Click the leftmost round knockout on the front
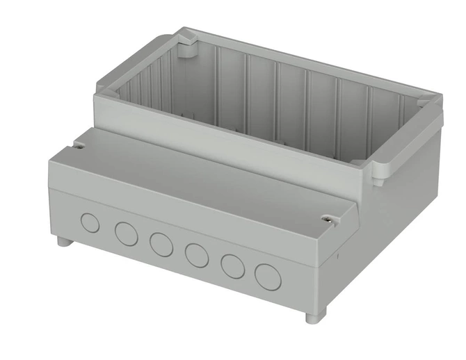[90, 223]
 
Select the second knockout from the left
[126, 234]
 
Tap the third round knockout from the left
[161, 243]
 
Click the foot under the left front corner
[62, 242]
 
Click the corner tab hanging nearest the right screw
[381, 174]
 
